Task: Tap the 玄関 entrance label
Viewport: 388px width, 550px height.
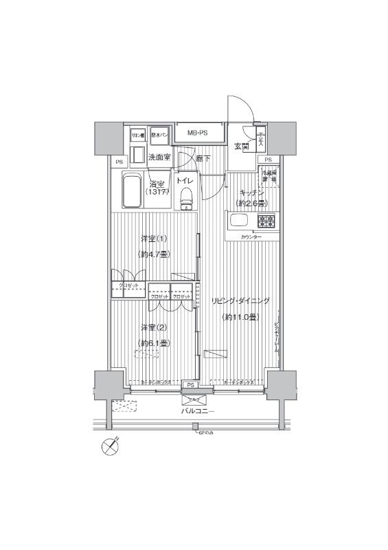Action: coord(241,146)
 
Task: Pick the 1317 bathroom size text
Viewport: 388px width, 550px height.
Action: coord(157,192)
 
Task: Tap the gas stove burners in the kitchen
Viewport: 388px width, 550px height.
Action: coord(266,221)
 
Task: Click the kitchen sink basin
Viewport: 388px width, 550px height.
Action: coord(240,221)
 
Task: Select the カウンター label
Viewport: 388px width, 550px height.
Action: coord(251,237)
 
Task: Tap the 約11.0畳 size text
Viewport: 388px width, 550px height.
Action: coord(240,317)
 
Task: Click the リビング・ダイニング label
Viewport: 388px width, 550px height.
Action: coord(240,300)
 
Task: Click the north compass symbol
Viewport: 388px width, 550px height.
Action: coord(110,445)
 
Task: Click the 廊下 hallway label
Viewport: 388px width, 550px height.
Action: coord(203,158)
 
